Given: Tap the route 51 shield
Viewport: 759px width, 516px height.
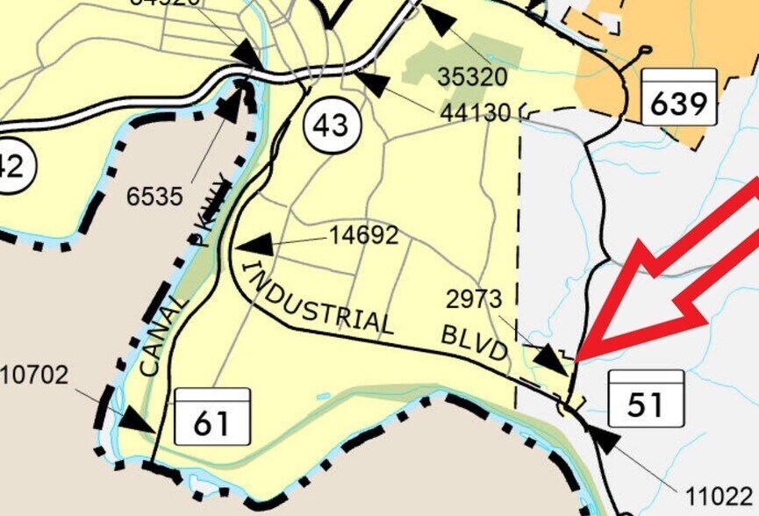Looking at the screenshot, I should click(x=645, y=397).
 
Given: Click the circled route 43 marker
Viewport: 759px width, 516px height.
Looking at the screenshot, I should click(x=331, y=125).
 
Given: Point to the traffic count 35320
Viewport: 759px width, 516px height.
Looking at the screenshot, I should click(x=472, y=77).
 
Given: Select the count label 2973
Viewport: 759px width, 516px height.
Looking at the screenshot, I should click(x=474, y=300).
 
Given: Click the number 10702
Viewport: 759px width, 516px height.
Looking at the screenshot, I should click(x=34, y=376).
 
